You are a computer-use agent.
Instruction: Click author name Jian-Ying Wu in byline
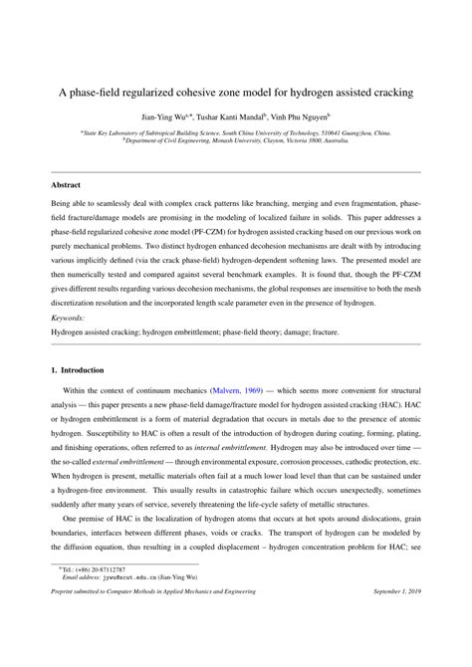pyautogui.click(x=161, y=116)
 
